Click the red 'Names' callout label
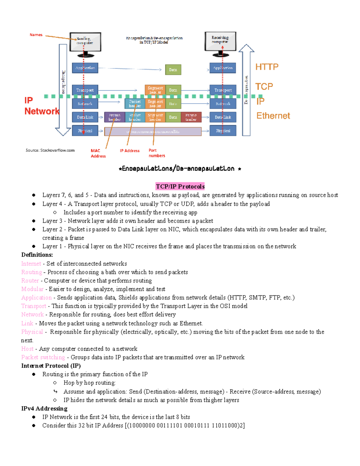[36, 35]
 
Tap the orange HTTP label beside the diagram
[267, 67]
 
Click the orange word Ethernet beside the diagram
[273, 116]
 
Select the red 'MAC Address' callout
[98, 153]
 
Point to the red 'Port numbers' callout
[157, 153]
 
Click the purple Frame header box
[115, 117]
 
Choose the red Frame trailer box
[191, 117]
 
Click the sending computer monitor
[85, 42]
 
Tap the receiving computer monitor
[220, 41]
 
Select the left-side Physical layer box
[85, 131]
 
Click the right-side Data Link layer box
[223, 117]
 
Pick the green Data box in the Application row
[173, 70]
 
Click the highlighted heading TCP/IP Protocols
[180, 186]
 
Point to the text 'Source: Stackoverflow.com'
[50, 150]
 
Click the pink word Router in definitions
[30, 281]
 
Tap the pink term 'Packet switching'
[43, 357]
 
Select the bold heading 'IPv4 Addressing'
[44, 408]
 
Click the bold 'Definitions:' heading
[37, 255]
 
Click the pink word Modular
[32, 289]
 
